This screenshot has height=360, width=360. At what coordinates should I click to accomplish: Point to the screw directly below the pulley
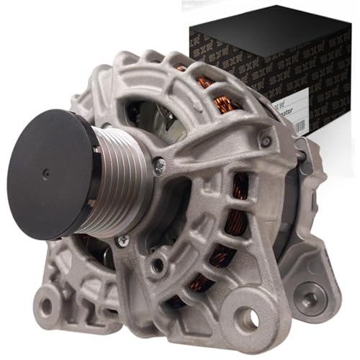[x=123, y=241]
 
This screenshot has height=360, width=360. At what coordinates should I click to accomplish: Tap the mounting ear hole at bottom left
[x=46, y=307]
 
